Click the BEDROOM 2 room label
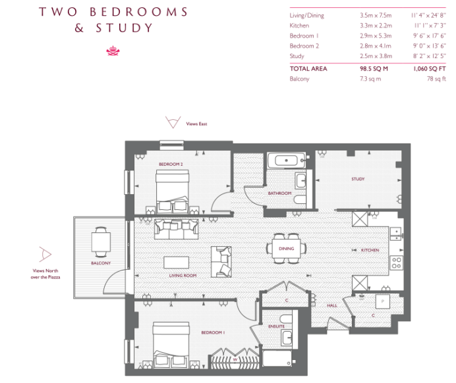[x=171, y=165]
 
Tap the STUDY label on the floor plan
[x=358, y=179]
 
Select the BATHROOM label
[x=279, y=193]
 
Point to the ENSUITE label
[x=276, y=326]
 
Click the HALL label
[x=332, y=305]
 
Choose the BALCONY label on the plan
[x=101, y=263]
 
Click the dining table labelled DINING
[x=286, y=248]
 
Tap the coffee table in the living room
[x=176, y=263]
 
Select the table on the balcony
[x=101, y=242]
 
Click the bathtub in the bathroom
[x=287, y=161]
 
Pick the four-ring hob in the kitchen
[x=396, y=263]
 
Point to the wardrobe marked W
[x=235, y=359]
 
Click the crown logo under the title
[x=113, y=51]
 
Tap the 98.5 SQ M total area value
[x=374, y=69]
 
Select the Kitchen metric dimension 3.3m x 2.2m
[x=376, y=26]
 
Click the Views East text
[x=196, y=124]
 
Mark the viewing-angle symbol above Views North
[x=45, y=255]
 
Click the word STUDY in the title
[x=124, y=28]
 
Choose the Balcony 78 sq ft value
[x=436, y=79]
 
